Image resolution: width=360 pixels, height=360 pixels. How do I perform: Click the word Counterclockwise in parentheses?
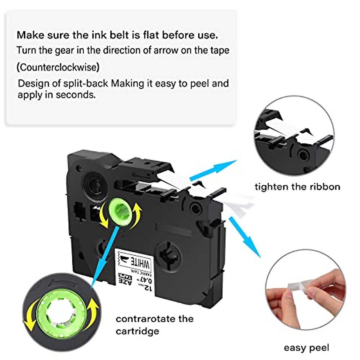tap(58, 67)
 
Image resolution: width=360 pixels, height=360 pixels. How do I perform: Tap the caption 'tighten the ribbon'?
tap(297, 187)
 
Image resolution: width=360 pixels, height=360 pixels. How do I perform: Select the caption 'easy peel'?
tap(306, 348)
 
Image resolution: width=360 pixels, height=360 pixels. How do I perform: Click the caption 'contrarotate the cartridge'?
tap(154, 325)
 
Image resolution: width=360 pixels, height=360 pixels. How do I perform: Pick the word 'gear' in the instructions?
tap(64, 50)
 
